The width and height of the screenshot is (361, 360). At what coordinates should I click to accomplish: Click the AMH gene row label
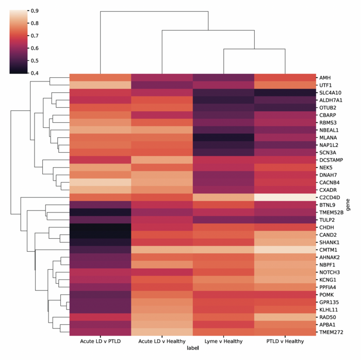(x=324, y=77)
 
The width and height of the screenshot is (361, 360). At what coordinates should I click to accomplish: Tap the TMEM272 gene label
(x=331, y=333)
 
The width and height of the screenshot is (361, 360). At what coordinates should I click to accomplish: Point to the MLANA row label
(x=327, y=138)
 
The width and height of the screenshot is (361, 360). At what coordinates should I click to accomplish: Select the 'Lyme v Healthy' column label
(x=223, y=341)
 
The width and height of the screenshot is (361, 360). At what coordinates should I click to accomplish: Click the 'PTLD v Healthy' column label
(x=285, y=341)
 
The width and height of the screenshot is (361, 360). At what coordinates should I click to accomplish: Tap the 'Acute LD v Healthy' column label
(x=162, y=341)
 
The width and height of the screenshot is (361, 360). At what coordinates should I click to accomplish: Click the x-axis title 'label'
(x=192, y=349)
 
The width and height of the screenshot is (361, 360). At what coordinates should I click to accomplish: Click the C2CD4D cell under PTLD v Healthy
(x=285, y=198)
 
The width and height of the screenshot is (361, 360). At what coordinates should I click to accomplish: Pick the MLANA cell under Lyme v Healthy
(x=223, y=138)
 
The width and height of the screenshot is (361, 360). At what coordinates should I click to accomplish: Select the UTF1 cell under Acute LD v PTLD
(x=101, y=85)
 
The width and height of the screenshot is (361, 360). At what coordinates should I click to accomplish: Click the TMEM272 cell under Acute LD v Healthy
(x=162, y=333)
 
